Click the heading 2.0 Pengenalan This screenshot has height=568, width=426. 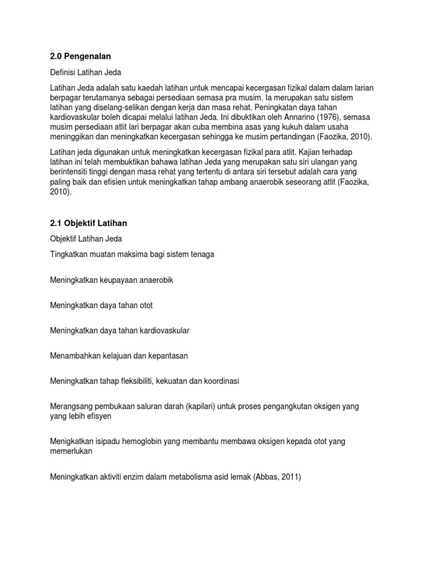pyautogui.click(x=80, y=57)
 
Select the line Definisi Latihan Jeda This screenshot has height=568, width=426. pyautogui.click(x=85, y=72)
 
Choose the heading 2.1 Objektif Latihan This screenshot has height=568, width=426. pyautogui.click(x=89, y=223)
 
